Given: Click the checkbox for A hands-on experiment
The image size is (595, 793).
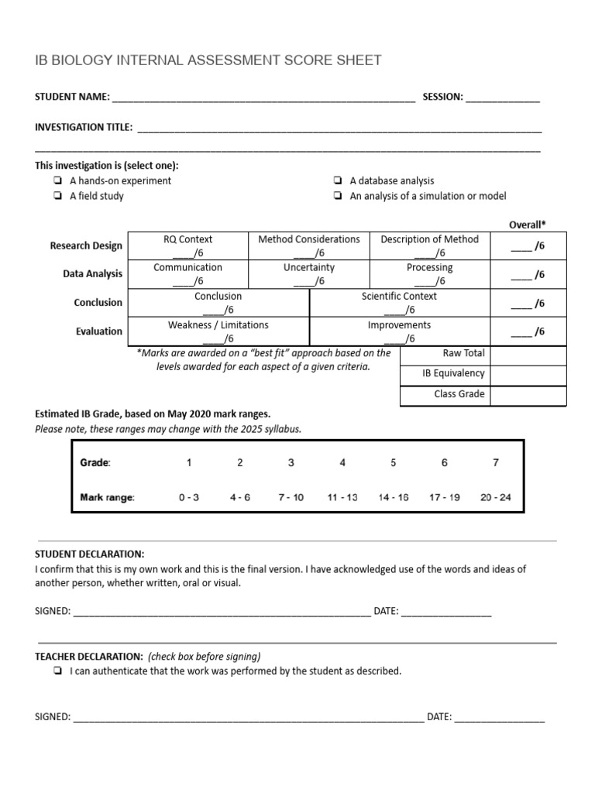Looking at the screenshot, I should coord(59,181).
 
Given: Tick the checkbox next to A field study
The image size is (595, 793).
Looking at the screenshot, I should coord(59,197).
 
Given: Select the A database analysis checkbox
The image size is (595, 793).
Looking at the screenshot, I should coord(339,181).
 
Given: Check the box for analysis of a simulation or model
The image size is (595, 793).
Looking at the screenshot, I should coord(339,197).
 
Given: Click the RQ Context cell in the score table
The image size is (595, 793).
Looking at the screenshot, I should coord(187,245).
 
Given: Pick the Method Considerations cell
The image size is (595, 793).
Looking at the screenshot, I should coord(308,245).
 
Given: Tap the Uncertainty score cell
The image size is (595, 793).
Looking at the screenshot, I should coord(308,274).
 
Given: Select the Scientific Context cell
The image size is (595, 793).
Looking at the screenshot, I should coord(399,303).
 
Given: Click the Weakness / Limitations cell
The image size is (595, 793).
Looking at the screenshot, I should coord(218,331).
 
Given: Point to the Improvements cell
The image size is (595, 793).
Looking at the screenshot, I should coord(399,331).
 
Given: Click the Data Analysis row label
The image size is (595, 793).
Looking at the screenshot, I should coord(93,274).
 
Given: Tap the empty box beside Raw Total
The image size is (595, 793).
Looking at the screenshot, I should coord(528,355).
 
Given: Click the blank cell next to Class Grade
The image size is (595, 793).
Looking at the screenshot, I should coord(528,395).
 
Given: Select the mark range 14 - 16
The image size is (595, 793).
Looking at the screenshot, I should coord(394,497).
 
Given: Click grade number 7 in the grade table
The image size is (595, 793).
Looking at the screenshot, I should coord(496,463).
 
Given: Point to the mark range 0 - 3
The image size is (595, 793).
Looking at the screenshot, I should coord(188,497).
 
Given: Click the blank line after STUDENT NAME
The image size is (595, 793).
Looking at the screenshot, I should coord(263,98).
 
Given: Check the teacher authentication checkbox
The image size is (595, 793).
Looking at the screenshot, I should coord(59,672).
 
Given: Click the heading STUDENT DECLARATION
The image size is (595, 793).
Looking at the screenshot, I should coord(90,554).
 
